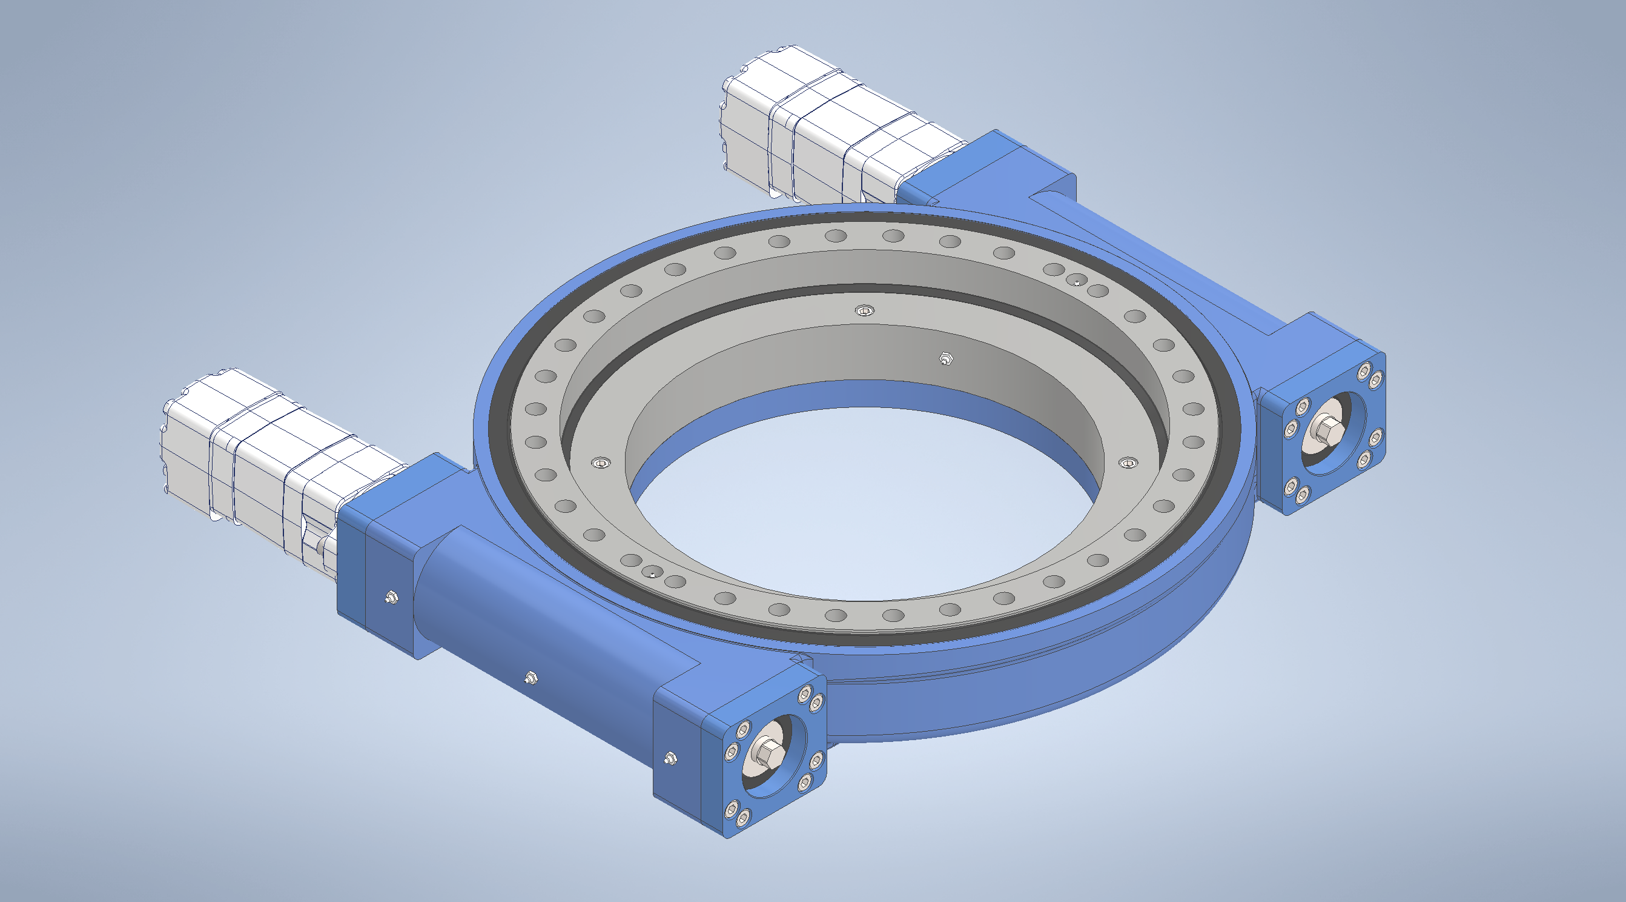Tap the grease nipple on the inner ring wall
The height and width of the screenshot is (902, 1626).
click(945, 359)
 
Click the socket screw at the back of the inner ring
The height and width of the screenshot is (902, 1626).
click(864, 310)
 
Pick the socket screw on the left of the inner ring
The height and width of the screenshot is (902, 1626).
click(601, 464)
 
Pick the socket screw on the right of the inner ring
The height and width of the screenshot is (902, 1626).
click(1128, 464)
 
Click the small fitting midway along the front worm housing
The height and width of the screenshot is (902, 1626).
click(530, 678)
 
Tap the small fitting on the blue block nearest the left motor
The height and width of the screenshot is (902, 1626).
click(391, 596)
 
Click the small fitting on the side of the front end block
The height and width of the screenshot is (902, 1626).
click(670, 757)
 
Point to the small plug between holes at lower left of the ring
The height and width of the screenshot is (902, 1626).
click(652, 572)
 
